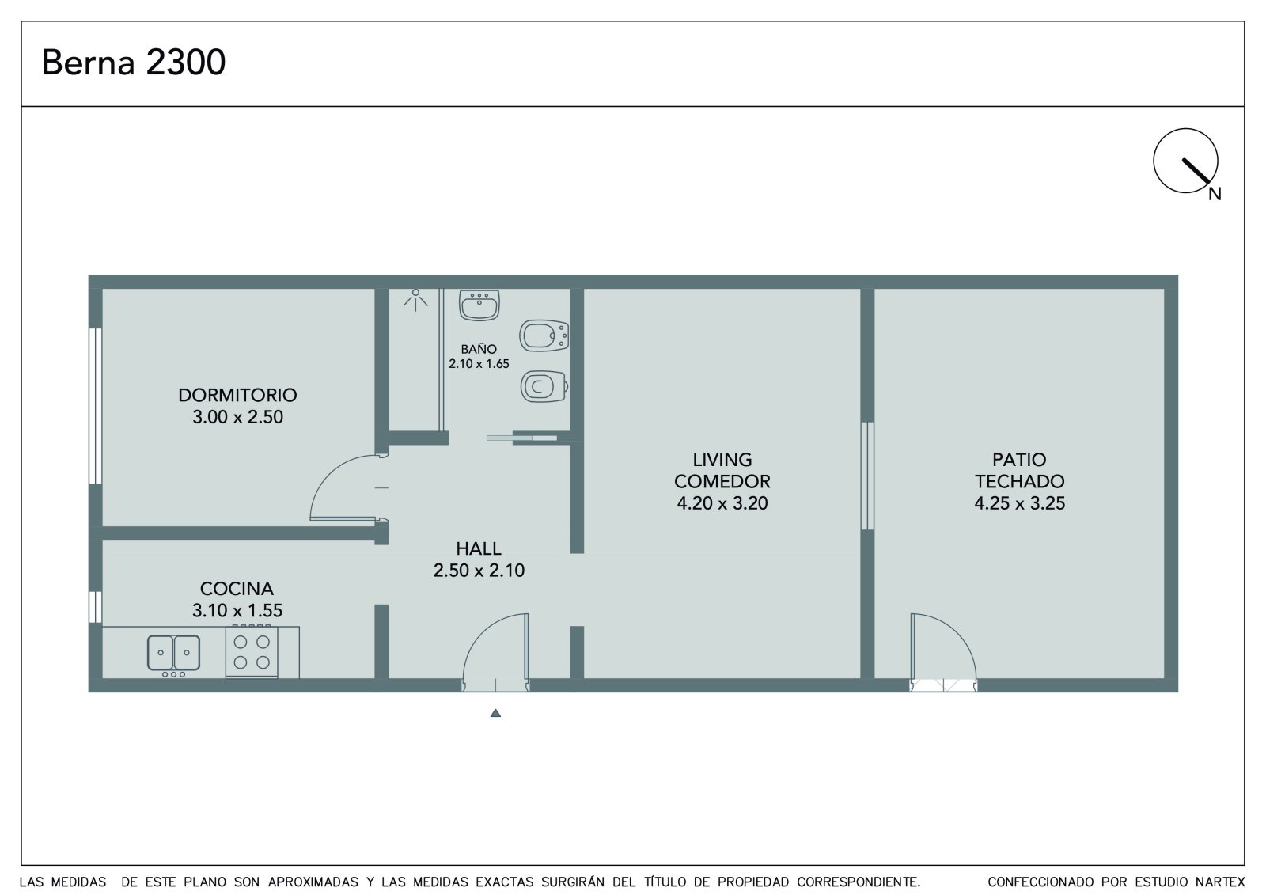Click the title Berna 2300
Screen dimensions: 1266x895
click(x=134, y=62)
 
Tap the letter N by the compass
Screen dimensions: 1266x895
click(x=1215, y=194)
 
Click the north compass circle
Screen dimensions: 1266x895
click(x=1185, y=161)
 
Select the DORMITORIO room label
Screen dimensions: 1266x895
click(x=237, y=395)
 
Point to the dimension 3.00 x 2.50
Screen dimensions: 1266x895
click(x=237, y=417)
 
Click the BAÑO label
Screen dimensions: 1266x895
click(x=479, y=349)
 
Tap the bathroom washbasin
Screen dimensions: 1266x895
click(x=479, y=305)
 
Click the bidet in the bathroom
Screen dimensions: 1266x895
click(x=544, y=336)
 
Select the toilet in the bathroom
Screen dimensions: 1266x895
click(x=544, y=387)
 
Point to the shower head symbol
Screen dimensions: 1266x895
click(x=415, y=300)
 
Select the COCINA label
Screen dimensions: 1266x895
click(x=237, y=589)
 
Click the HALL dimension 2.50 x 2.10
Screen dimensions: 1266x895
click(x=479, y=570)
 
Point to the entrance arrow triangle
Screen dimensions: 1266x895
click(x=495, y=713)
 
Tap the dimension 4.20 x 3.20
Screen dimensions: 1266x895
click(x=722, y=502)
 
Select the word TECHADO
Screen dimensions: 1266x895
click(x=1020, y=481)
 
